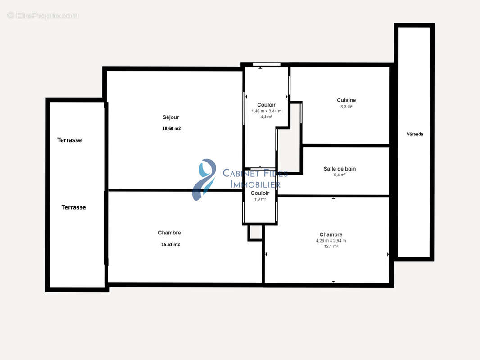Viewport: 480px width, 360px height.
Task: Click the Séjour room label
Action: point(171,117)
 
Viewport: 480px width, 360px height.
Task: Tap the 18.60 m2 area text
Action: point(172,128)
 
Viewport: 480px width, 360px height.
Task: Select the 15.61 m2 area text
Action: point(171,244)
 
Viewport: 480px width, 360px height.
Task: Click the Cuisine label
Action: point(346,100)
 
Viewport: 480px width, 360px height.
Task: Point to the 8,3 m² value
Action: point(346,107)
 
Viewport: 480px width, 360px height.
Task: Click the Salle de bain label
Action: point(340,169)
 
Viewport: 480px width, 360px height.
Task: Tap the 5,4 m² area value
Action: point(340,175)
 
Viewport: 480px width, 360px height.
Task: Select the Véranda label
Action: point(415,134)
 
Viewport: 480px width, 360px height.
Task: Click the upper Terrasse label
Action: point(69,140)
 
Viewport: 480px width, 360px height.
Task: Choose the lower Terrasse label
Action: point(73,207)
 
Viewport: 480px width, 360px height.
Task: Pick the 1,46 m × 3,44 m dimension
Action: point(266,111)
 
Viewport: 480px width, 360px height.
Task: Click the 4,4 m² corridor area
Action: point(266,117)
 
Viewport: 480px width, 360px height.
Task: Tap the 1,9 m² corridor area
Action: point(260,199)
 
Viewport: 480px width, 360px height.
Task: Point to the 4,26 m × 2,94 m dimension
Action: point(331,241)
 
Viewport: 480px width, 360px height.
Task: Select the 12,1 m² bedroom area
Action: point(331,246)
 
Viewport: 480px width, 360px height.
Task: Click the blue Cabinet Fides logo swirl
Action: point(204,179)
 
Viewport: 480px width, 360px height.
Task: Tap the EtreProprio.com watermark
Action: point(43,15)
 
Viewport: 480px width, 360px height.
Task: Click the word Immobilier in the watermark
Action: point(255,184)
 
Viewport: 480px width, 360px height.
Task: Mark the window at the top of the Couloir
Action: point(266,64)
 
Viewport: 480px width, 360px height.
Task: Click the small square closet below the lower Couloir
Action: point(255,233)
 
